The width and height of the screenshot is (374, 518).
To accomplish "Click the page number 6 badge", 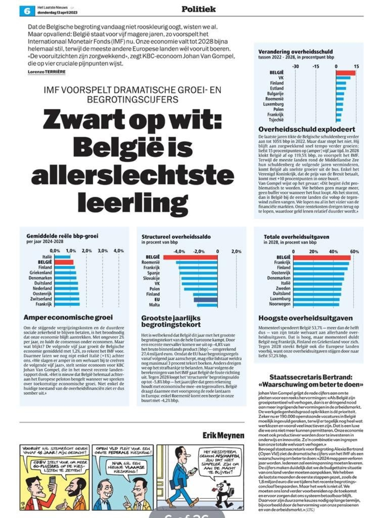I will (25, 9).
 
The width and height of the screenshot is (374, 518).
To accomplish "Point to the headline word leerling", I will (122, 204).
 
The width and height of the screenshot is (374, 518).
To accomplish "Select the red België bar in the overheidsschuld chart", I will (346, 73).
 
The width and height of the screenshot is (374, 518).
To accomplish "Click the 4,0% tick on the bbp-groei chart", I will (118, 251).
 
